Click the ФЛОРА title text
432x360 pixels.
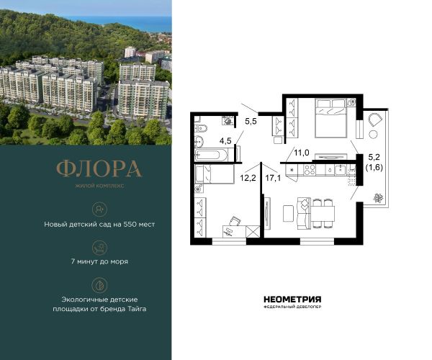coord(99,168)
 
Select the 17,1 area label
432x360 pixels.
coord(273,178)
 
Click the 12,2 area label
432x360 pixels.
coord(248,178)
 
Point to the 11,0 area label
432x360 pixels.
coord(302,153)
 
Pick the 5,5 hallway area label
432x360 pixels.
coord(251,121)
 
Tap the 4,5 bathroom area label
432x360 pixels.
coord(225,141)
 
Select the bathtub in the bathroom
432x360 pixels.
coord(211,155)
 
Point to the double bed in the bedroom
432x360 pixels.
coord(331,118)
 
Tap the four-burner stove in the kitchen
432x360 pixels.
coord(309,170)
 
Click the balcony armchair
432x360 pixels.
coord(375,119)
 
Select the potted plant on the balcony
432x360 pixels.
coord(378,198)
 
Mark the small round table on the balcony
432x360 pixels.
coord(374,135)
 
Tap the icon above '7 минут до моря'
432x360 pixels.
coord(99,247)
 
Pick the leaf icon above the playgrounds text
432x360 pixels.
coord(99,285)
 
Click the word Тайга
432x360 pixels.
coord(137,309)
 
